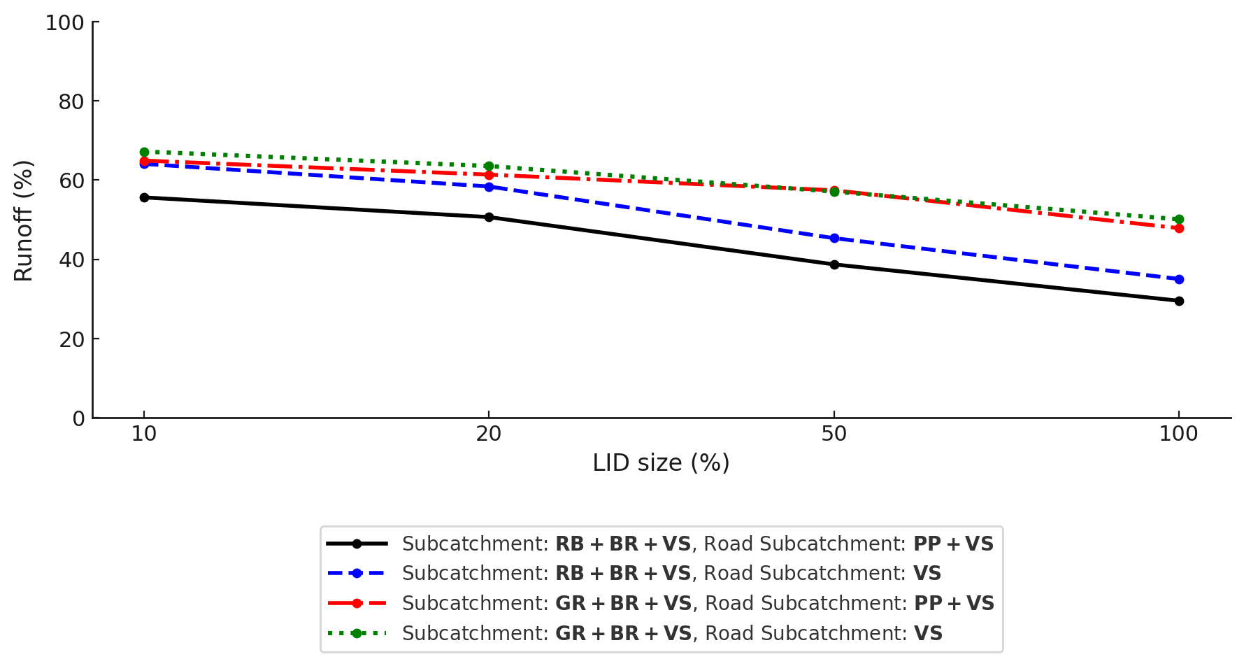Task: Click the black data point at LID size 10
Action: pyautogui.click(x=144, y=197)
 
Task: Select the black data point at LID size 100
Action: pyautogui.click(x=1179, y=301)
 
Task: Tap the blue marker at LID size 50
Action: pyautogui.click(x=834, y=238)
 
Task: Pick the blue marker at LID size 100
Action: pyautogui.click(x=1179, y=279)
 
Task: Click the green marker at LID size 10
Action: pyautogui.click(x=144, y=152)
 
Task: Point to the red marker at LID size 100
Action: pyautogui.click(x=1179, y=228)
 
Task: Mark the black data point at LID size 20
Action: pyautogui.click(x=489, y=217)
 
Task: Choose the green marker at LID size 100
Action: pyautogui.click(x=1179, y=219)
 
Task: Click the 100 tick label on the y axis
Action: pyautogui.click(x=64, y=23)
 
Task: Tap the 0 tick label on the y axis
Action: pyautogui.click(x=78, y=419)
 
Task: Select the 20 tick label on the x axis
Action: pyautogui.click(x=489, y=434)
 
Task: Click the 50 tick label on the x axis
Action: pyautogui.click(x=834, y=434)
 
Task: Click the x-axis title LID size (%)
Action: pyautogui.click(x=661, y=463)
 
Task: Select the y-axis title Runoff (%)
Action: pyautogui.click(x=24, y=220)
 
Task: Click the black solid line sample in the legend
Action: pyautogui.click(x=357, y=544)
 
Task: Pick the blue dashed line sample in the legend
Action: pyautogui.click(x=357, y=573)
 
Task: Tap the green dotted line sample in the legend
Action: pyautogui.click(x=357, y=633)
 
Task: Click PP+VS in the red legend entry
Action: pyautogui.click(x=954, y=603)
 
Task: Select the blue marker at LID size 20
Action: pyautogui.click(x=489, y=187)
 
